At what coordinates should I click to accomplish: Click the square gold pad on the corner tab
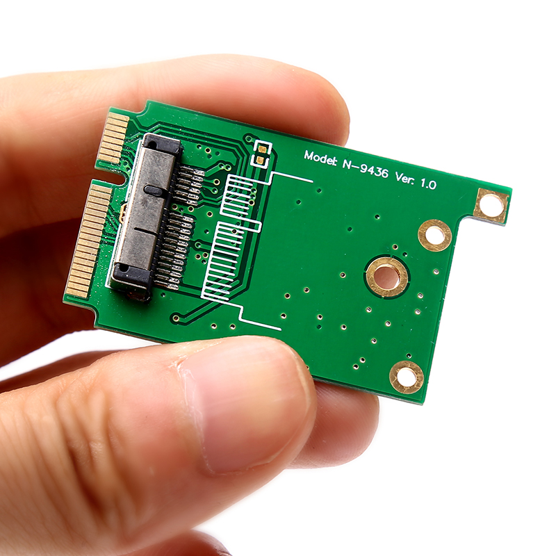click(x=491, y=206)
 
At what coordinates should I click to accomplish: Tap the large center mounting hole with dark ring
click(x=387, y=277)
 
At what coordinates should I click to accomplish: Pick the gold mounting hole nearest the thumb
click(x=407, y=377)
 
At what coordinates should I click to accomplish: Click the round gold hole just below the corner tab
click(x=435, y=235)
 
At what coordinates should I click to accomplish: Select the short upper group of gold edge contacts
click(x=113, y=139)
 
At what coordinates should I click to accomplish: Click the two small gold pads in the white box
click(x=261, y=154)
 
